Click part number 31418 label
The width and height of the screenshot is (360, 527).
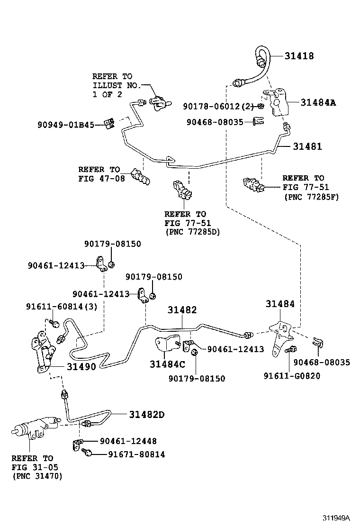pyautogui.click(x=299, y=55)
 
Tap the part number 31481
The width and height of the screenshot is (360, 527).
pyautogui.click(x=307, y=146)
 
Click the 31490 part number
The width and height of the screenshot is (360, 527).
pyautogui.click(x=81, y=366)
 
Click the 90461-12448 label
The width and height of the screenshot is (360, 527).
pyautogui.click(x=128, y=441)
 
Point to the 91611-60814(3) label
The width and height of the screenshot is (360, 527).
pyautogui.click(x=62, y=307)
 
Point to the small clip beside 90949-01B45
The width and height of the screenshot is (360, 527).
pyautogui.click(x=109, y=124)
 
